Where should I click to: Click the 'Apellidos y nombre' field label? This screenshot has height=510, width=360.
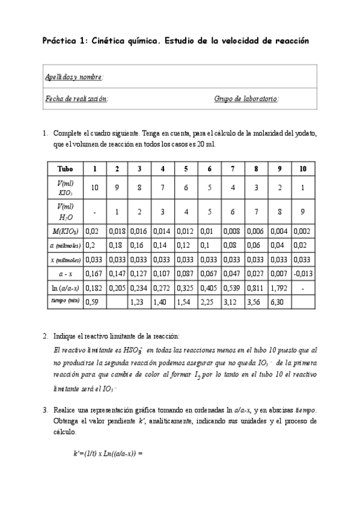[x=74, y=77]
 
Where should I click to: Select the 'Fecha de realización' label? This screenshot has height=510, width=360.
[x=76, y=99]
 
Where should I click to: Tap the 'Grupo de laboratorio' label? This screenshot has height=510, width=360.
[x=246, y=99]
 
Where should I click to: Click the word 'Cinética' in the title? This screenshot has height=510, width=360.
[x=111, y=41]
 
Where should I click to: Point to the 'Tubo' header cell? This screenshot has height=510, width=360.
[x=65, y=169]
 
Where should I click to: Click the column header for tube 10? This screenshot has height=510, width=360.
[x=303, y=169]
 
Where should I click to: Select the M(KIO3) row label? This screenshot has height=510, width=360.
[x=65, y=230]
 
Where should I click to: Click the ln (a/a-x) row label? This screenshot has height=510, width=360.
[x=65, y=288]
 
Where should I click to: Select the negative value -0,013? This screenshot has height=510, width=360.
[x=303, y=274]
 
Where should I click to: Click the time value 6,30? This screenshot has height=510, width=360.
[x=278, y=303]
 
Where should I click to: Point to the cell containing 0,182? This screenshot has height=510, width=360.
[x=93, y=288]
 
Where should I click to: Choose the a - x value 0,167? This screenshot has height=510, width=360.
[x=93, y=274]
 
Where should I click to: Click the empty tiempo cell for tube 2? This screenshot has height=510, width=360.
[x=118, y=303]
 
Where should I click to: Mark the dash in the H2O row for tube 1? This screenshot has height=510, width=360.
[x=94, y=211]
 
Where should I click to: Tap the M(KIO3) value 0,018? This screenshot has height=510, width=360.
[x=117, y=230]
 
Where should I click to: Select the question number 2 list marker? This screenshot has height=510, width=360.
[x=46, y=336]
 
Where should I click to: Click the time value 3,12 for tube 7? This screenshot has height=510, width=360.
[x=231, y=303]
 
